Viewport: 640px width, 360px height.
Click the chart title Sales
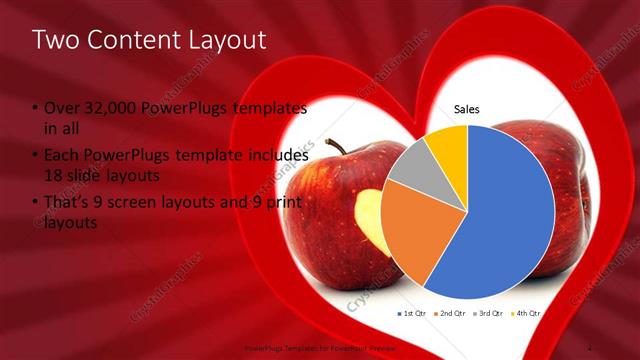click(x=467, y=108)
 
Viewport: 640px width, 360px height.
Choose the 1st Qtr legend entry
click(x=414, y=313)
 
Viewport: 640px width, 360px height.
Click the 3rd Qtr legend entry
click(x=490, y=313)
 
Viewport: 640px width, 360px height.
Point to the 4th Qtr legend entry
click(x=527, y=313)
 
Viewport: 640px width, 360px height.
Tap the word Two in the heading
click(x=56, y=40)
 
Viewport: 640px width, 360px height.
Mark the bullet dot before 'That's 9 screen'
click(x=36, y=204)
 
